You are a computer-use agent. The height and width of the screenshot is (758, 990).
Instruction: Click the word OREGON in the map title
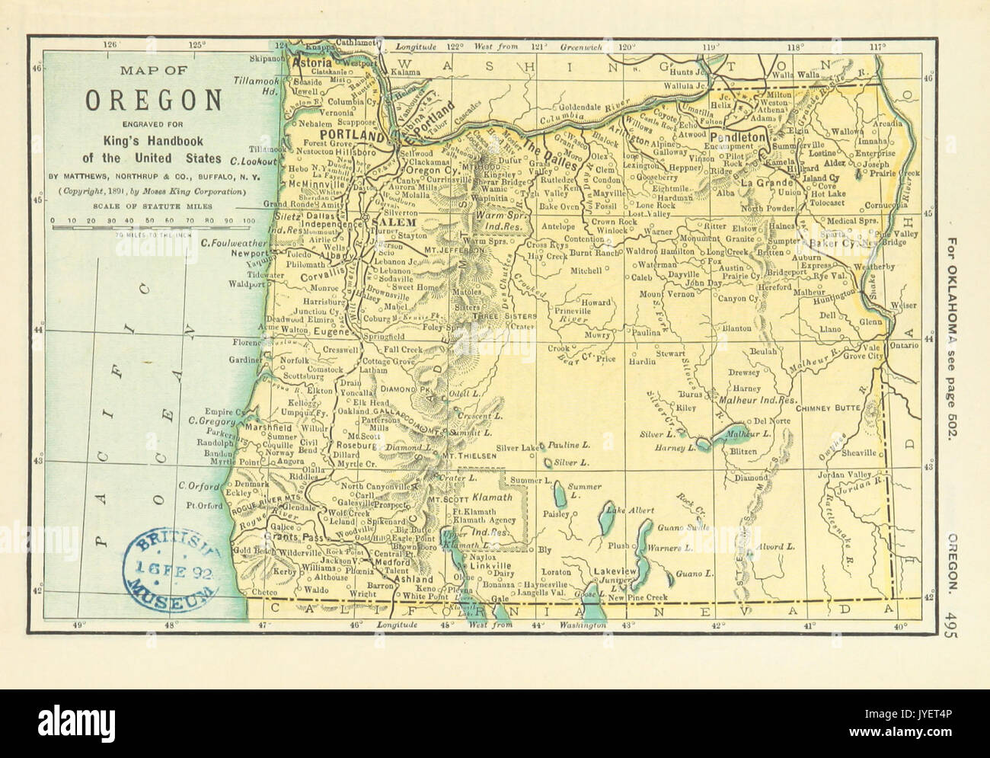coord(153,101)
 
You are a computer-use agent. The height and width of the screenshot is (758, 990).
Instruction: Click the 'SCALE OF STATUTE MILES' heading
coord(151,206)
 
